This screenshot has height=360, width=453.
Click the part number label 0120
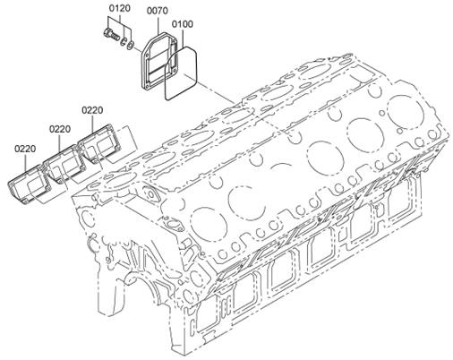[x=119, y=8]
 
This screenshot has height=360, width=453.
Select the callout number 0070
[x=158, y=11]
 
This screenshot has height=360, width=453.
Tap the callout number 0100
[x=182, y=24]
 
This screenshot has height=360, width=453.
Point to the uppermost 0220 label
[x=92, y=110]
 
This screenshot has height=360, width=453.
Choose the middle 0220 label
[x=60, y=130]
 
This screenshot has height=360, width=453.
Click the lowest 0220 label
[x=25, y=149]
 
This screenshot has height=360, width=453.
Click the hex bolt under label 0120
[x=112, y=34]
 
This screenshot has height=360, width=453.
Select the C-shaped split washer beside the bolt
[x=124, y=41]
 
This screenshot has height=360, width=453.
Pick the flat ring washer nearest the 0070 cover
[x=130, y=45]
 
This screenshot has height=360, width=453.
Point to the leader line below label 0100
[x=183, y=38]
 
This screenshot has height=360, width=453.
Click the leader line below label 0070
[x=158, y=25]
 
